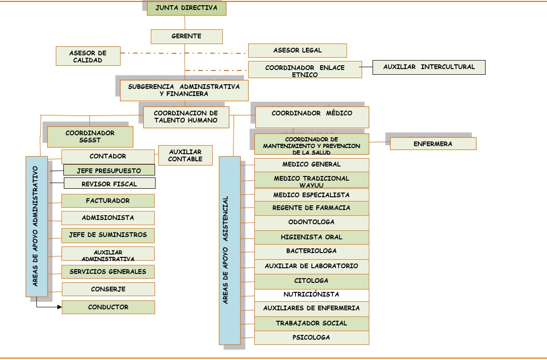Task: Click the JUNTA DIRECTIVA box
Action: [x=186, y=8]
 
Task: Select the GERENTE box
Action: [x=186, y=36]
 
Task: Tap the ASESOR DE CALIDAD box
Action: [x=88, y=56]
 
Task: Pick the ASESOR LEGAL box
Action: [x=297, y=51]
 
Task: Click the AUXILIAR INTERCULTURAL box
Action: [x=429, y=67]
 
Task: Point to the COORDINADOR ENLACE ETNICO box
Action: [x=305, y=70]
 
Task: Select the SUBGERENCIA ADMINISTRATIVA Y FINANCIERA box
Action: [x=184, y=90]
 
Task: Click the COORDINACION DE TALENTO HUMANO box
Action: [x=185, y=117]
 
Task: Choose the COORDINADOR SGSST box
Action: [x=90, y=137]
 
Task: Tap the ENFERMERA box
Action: [x=433, y=144]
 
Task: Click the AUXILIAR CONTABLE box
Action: [x=185, y=156]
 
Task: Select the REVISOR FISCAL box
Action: [x=109, y=184]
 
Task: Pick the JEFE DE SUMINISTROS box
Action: [x=108, y=235]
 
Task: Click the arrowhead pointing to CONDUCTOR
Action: [x=60, y=307]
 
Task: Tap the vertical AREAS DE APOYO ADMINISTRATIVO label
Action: [x=36, y=226]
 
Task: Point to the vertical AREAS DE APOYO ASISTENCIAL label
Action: [x=229, y=250]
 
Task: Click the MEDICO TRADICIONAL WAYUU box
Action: [x=311, y=181]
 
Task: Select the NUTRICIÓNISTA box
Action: [x=311, y=295]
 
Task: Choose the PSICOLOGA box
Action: [x=311, y=338]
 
